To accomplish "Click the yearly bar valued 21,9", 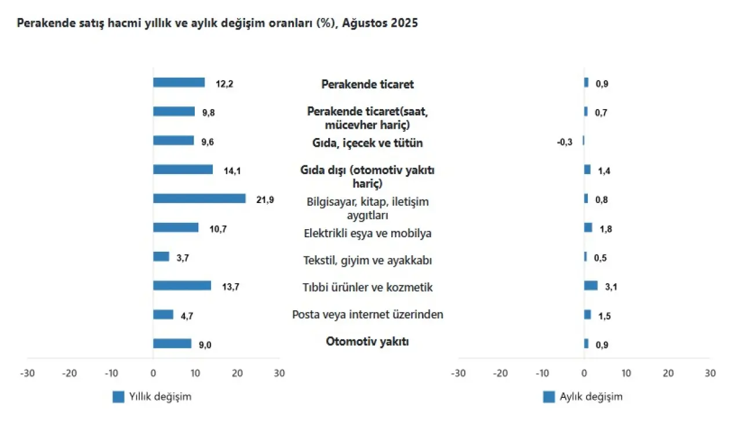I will pos(199,198).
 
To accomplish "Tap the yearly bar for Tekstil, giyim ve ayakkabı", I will pos(161,256).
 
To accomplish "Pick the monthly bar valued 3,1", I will pos(591,285).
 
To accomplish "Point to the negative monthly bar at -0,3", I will pos(583,140).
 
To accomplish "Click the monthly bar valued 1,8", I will pos(588,227).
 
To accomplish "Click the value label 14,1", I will pos(231,171).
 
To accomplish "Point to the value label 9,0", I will pos(205,345).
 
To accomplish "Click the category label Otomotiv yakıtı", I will pos(368,342).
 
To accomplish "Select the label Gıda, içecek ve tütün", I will pos(368,143).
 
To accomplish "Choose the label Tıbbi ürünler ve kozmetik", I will pos(368,288).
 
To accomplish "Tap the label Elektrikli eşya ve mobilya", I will pos(368,234).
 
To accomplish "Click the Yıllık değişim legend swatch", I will pos(118,397).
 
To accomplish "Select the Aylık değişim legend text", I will pos(591,397).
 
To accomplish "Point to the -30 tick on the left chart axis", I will pos(27,373).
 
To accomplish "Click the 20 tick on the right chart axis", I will pos(668,373).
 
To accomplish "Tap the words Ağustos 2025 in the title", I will pos(380,24).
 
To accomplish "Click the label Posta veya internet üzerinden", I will pos(368,315).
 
